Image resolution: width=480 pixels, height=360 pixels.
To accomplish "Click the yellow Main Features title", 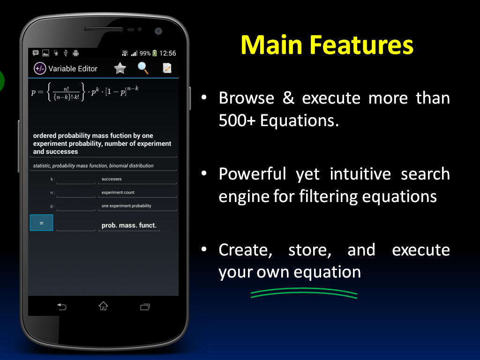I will [x=327, y=45].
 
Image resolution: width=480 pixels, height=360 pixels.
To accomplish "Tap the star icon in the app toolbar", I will [x=120, y=68].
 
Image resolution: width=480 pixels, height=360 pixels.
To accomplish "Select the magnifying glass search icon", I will [x=143, y=68].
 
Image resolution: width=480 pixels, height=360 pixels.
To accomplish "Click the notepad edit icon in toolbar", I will [x=167, y=68].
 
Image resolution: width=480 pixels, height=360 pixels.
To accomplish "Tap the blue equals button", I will [x=41, y=223].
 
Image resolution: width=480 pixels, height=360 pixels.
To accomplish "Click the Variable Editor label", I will [x=73, y=68].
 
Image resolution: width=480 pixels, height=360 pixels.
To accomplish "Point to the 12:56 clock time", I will [x=168, y=53].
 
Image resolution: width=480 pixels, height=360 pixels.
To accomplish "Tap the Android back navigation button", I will [x=61, y=307].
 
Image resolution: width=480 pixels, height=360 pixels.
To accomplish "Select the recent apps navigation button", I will [x=145, y=307].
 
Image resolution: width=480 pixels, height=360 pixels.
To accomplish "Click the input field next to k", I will [x=75, y=180].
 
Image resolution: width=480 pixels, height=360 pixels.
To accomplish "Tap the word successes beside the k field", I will [x=112, y=179].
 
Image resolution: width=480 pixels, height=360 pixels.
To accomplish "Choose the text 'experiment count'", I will [x=118, y=192].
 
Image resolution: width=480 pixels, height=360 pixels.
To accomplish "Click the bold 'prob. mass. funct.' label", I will [x=129, y=225].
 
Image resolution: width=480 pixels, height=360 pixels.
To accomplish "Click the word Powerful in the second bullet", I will [x=252, y=174].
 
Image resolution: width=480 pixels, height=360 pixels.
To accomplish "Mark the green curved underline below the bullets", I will [x=304, y=294].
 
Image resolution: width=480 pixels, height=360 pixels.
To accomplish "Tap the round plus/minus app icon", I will [x=40, y=68].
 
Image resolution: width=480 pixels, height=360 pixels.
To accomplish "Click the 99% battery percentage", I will [x=145, y=53].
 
